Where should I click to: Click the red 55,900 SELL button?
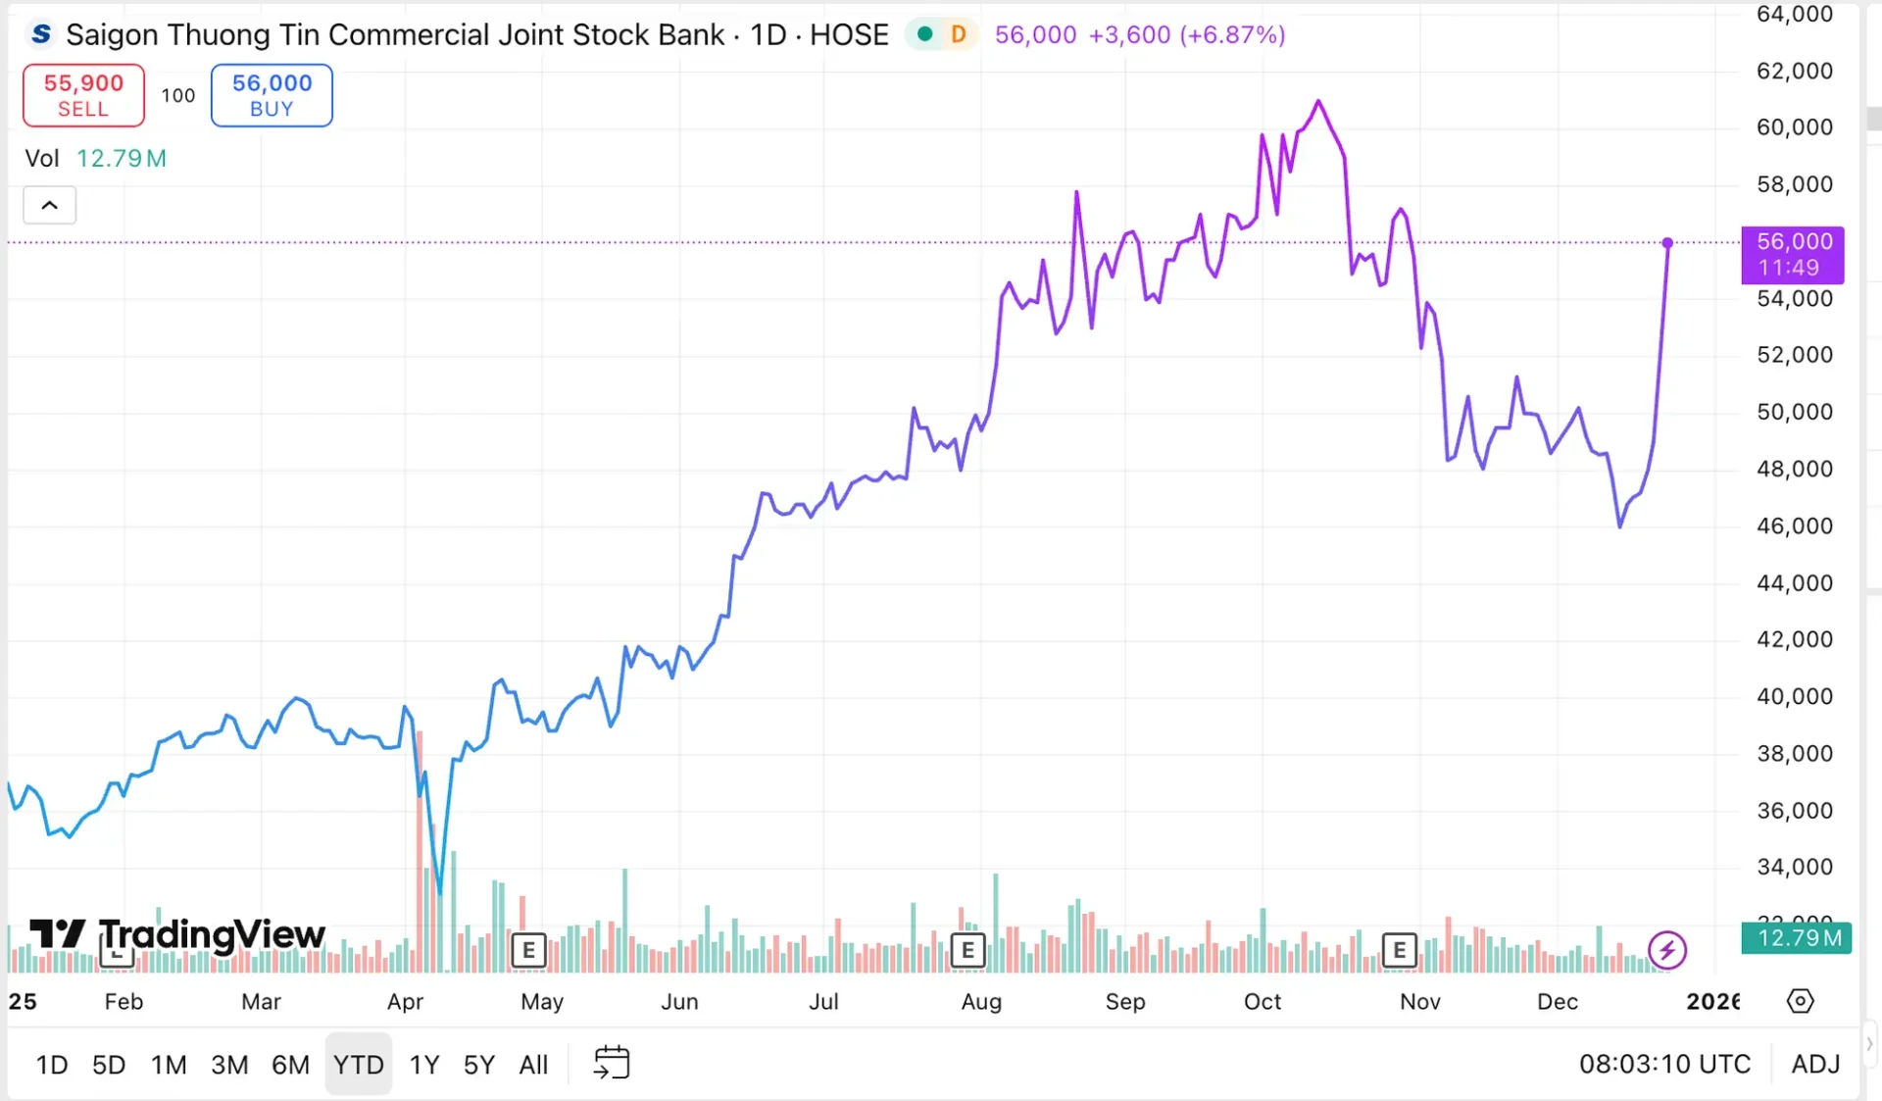click(x=83, y=95)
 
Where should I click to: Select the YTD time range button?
click(x=358, y=1064)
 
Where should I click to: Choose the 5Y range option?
click(x=478, y=1064)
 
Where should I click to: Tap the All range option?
click(x=533, y=1064)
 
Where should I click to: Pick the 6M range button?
click(x=290, y=1064)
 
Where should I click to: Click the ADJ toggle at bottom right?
click(x=1815, y=1064)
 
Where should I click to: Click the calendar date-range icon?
click(x=612, y=1063)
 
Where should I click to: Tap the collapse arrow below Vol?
click(x=49, y=205)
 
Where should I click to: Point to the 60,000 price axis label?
click(x=1794, y=127)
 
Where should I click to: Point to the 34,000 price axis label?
click(x=1794, y=867)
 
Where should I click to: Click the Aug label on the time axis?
click(x=981, y=1001)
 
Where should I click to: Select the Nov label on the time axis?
click(x=1419, y=1001)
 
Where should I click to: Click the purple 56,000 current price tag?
click(x=1792, y=254)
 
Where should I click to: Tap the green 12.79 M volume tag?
click(x=1797, y=938)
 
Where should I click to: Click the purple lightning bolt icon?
click(x=1666, y=949)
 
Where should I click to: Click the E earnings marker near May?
click(x=528, y=949)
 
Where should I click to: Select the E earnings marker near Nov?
click(x=1399, y=949)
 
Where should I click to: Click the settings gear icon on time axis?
click(x=1800, y=1001)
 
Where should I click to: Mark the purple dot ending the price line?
click(x=1667, y=242)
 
